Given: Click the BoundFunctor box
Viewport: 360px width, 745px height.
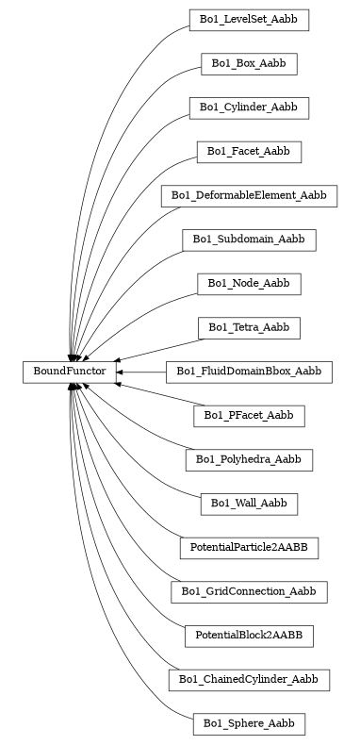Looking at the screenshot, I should (70, 372).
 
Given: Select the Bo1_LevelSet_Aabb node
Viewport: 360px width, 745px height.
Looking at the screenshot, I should (249, 20).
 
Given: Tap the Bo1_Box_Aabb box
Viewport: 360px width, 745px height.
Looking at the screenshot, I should (249, 64).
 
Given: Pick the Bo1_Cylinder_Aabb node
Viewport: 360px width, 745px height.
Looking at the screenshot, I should (249, 108).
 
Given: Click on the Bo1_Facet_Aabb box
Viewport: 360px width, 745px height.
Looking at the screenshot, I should (249, 152).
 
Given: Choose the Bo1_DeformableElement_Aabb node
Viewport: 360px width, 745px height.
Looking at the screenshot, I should (249, 196).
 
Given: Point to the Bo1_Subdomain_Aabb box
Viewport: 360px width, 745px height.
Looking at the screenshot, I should (249, 240).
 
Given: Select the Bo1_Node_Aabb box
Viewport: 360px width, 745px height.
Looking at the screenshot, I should (249, 284).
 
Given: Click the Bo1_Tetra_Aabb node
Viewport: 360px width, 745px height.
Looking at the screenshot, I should (249, 328).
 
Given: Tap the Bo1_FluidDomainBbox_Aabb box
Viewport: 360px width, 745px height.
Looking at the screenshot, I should (249, 372).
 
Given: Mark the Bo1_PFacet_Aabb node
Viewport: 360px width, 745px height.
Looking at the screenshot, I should (249, 416).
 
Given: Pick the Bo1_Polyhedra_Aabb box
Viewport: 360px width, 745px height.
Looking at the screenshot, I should (249, 460).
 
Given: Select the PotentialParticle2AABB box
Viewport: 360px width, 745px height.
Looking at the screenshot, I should (249, 548).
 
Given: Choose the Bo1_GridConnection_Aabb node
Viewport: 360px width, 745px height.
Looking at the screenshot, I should (249, 592).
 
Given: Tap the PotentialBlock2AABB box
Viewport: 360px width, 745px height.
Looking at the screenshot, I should (249, 637).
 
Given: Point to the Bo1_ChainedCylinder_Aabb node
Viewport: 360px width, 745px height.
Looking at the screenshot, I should (249, 680).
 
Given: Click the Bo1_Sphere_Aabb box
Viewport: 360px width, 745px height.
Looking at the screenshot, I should (249, 724).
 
